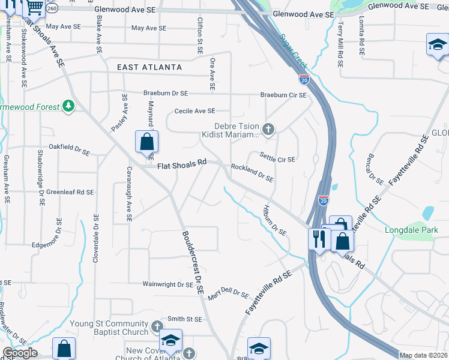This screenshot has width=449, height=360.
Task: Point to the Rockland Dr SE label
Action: pyautogui.click(x=252, y=174)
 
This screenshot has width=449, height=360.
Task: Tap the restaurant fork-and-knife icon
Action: pyautogui.click(x=318, y=239)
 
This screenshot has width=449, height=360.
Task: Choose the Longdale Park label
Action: pyautogui.click(x=411, y=230)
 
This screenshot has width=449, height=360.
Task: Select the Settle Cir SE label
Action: pyautogui.click(x=277, y=157)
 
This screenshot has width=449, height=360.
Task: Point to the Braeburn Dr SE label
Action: pyautogui.click(x=166, y=94)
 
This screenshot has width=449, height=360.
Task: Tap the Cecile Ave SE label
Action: pyautogui.click(x=194, y=111)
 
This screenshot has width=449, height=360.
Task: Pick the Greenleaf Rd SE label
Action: pyautogui.click(x=70, y=193)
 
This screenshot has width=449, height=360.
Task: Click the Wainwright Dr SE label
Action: pyautogui.click(x=167, y=284)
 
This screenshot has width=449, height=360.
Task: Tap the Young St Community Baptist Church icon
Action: pyautogui.click(x=157, y=327)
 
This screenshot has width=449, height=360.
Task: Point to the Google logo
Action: pyautogui.click(x=20, y=353)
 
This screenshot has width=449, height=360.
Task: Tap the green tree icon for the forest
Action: pyautogui.click(x=69, y=106)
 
